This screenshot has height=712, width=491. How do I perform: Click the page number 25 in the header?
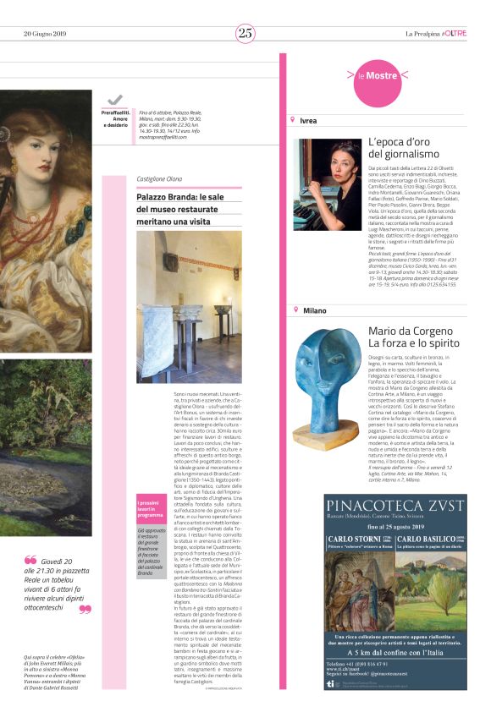point(245,33)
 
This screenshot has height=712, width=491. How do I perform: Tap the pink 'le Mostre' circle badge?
point(378,76)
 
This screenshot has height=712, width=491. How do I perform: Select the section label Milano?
point(313,310)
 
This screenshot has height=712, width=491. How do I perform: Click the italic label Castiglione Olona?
point(159,179)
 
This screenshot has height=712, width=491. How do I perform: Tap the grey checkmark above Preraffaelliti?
point(115,100)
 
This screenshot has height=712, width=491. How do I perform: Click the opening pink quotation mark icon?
point(30,560)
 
